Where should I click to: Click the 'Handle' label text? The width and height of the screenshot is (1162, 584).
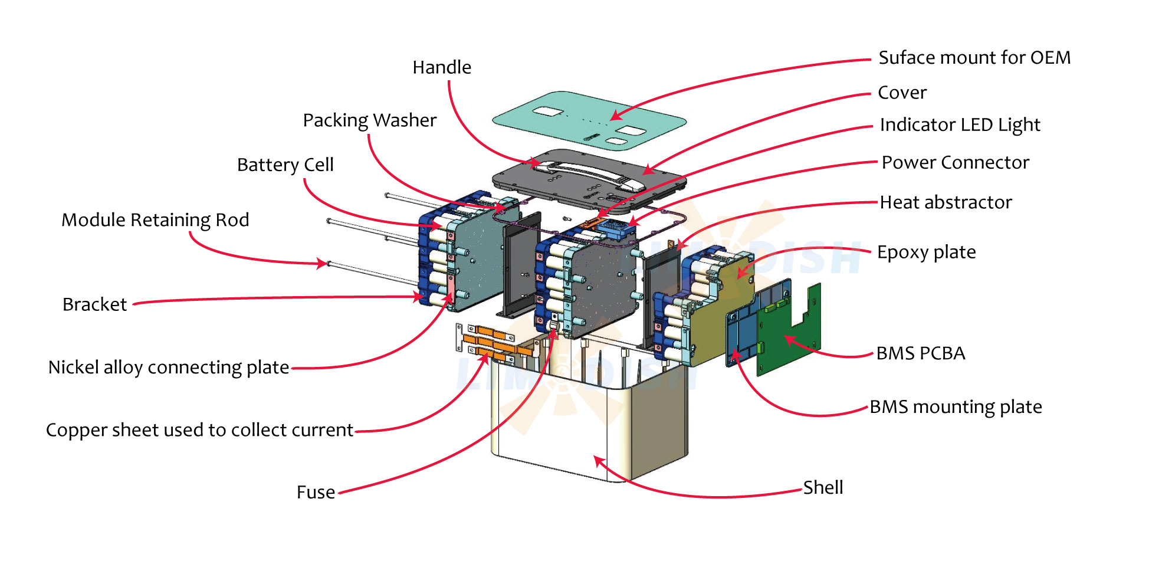pyautogui.click(x=442, y=67)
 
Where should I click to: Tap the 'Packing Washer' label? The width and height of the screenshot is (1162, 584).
pyautogui.click(x=369, y=120)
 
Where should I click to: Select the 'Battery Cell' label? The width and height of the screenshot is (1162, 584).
pyautogui.click(x=285, y=165)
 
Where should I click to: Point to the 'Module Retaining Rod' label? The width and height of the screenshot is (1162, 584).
pyautogui.click(x=155, y=220)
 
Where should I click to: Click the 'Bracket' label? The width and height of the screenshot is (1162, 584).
pyautogui.click(x=94, y=304)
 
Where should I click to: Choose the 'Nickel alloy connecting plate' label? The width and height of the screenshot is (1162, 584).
pyautogui.click(x=169, y=368)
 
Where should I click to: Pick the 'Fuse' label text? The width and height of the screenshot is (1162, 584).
pyautogui.click(x=316, y=492)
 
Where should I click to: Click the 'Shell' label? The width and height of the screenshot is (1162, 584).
pyautogui.click(x=823, y=487)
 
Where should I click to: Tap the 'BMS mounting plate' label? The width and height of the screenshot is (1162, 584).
pyautogui.click(x=956, y=407)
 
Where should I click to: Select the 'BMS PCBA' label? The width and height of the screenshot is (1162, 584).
pyautogui.click(x=920, y=353)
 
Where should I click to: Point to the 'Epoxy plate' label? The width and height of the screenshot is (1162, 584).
pyautogui.click(x=926, y=252)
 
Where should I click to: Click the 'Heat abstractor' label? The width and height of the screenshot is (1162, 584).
pyautogui.click(x=946, y=202)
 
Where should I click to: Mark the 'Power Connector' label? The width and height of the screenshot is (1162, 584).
pyautogui.click(x=955, y=162)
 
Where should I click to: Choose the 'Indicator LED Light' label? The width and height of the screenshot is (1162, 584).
pyautogui.click(x=960, y=125)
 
